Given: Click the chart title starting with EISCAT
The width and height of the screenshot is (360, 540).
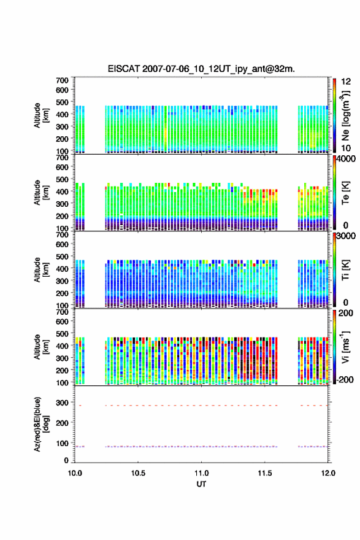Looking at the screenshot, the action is tap(201, 69).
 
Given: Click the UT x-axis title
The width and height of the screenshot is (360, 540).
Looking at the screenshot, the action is tap(201, 484).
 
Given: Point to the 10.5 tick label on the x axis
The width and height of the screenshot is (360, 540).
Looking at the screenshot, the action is tap(138, 473).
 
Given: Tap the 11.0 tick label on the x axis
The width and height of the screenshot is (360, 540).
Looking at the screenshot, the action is tap(201, 473).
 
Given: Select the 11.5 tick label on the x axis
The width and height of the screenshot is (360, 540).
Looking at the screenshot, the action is tap(265, 473).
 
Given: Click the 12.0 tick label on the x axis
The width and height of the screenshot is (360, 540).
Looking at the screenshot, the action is tap(328, 473).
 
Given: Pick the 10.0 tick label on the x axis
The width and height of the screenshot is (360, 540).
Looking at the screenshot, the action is tap(75, 473).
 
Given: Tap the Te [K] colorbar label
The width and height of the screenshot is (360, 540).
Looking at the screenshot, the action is tap(345, 193).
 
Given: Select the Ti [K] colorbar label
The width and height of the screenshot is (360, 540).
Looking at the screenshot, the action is tap(345, 269).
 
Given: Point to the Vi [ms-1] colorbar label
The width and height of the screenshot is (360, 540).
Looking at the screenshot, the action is tap(345, 347).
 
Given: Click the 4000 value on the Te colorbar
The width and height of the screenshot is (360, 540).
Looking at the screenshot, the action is tap(346, 160).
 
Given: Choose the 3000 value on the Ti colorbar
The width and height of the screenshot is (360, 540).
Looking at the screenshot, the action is tap(346, 236).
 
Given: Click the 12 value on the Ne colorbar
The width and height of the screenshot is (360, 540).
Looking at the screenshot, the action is tap(346, 82).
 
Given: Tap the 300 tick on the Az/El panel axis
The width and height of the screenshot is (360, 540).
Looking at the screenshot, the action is tap(62, 403).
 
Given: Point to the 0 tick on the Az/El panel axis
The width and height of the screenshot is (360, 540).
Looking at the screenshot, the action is tap(66, 460).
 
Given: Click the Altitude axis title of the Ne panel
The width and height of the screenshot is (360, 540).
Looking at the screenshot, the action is tap(41, 115).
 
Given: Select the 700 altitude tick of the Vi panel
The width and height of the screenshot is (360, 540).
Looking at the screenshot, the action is tap(62, 312).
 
